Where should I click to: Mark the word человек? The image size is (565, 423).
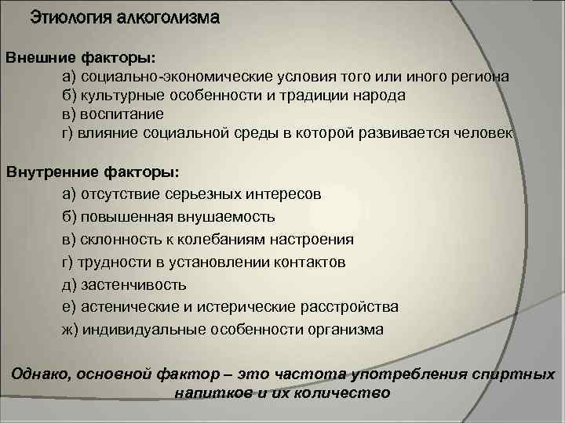click(480, 133)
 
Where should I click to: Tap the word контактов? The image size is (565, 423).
click(305, 262)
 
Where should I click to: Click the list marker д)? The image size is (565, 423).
click(69, 284)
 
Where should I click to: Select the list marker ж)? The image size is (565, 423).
click(71, 330)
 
